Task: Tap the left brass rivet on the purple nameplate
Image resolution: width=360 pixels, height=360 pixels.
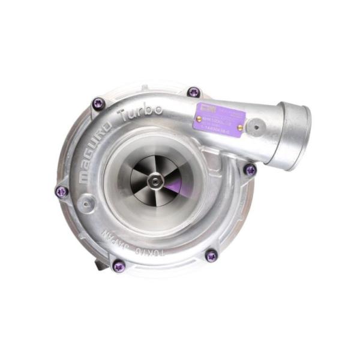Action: click(x=199, y=119)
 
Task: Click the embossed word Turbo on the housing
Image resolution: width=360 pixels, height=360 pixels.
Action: click(x=141, y=113)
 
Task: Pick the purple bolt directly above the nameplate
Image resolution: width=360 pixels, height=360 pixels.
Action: click(x=193, y=92)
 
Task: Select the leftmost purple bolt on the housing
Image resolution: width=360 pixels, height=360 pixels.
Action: click(x=61, y=191)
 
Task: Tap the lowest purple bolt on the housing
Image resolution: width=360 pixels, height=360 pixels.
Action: click(x=119, y=265)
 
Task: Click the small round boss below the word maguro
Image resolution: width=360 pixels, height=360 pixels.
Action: click(x=88, y=203)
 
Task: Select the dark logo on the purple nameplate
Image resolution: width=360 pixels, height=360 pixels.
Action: click(x=205, y=108)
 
